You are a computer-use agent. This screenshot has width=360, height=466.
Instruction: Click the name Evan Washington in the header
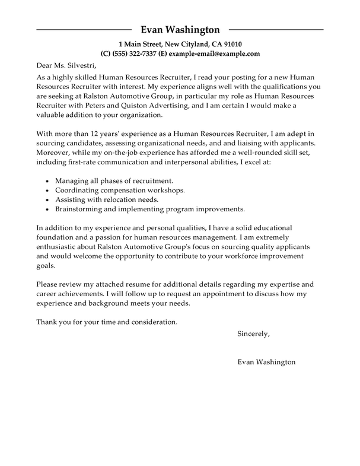[x=180, y=30]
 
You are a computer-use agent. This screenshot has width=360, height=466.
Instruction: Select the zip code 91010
[x=231, y=44]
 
